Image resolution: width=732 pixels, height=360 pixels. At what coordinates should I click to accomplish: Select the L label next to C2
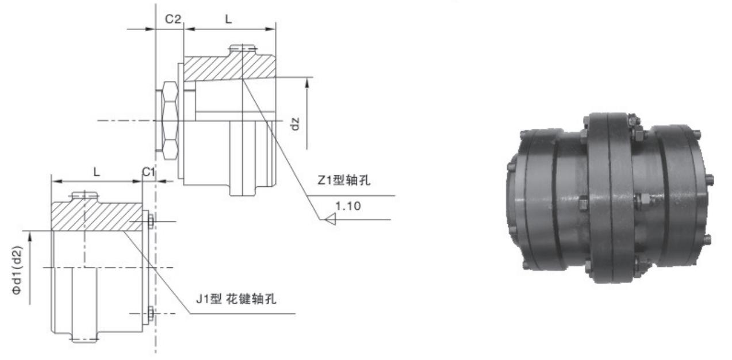coord(228,19)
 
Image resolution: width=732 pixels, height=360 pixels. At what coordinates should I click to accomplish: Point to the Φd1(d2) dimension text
coord(18,270)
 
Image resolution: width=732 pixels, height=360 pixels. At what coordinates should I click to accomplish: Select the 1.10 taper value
coord(349,206)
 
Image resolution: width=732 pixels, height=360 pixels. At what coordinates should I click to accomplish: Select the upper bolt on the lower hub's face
coord(150,221)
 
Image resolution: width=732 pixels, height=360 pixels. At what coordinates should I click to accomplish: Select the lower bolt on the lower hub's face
coord(150,313)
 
